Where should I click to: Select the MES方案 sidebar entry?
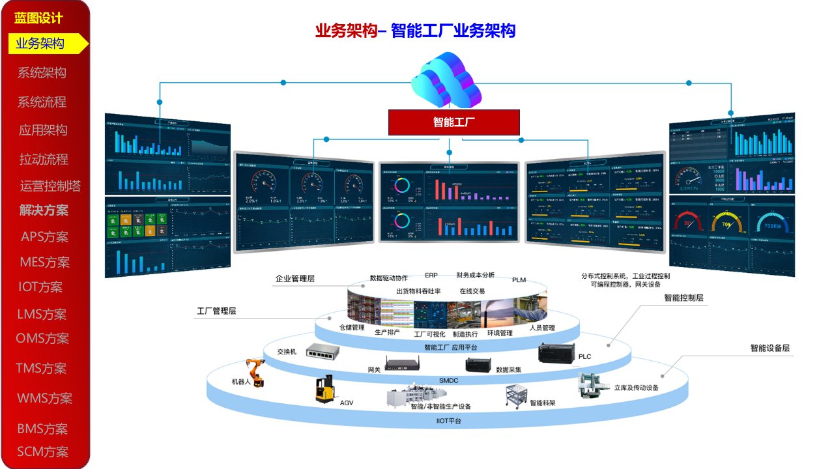[44, 263]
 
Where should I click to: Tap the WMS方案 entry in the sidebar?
[44, 398]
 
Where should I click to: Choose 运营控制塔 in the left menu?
[50, 186]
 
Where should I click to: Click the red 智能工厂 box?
[453, 122]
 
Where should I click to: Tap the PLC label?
[584, 357]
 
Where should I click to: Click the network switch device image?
[323, 352]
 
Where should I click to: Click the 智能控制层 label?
[683, 298]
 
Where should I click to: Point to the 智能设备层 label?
[769, 348]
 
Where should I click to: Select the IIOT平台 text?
[448, 421]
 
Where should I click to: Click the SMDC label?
[448, 380]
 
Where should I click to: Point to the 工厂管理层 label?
[216, 311]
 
